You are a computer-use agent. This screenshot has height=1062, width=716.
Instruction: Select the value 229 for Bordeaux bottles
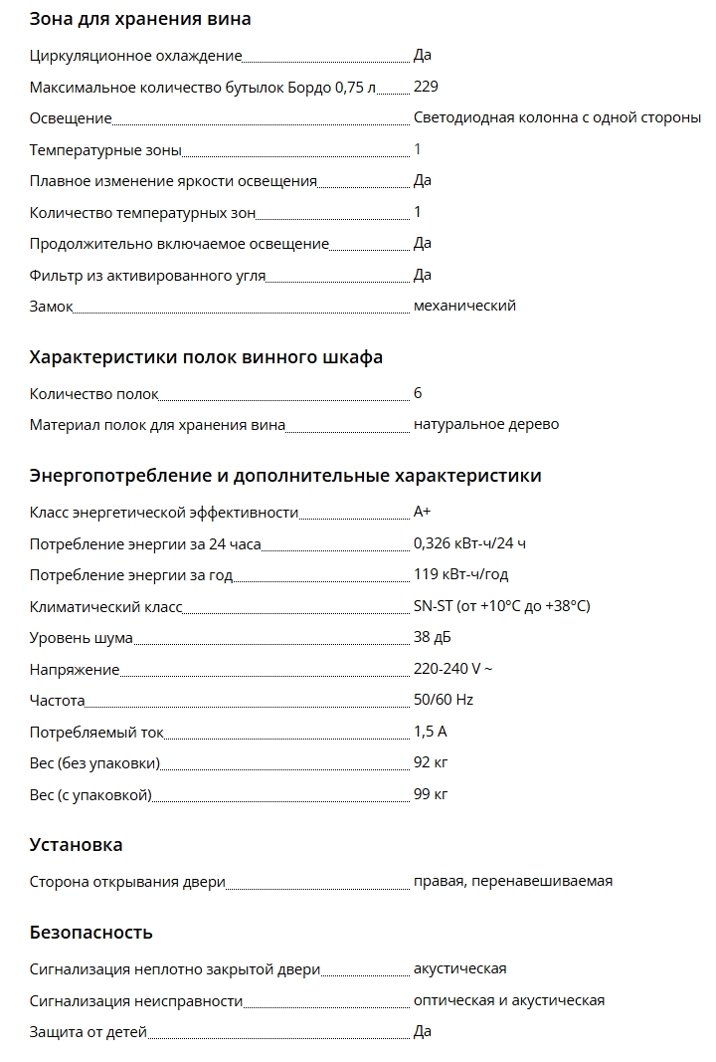426,87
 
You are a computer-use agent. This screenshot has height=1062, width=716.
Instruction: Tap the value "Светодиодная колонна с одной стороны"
557,118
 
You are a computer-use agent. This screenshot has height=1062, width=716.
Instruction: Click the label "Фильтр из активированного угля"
147,276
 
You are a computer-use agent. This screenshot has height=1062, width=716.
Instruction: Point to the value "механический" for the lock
464,307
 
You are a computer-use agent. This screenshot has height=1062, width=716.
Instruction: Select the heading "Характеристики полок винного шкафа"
206,357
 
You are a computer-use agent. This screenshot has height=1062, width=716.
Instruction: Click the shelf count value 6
418,394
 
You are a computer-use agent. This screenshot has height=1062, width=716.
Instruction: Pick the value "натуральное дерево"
486,425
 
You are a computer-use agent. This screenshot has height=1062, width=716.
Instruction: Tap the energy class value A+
423,513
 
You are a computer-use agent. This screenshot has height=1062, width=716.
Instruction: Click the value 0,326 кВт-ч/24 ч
469,544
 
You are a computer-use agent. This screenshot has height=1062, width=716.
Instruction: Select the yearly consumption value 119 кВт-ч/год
460,575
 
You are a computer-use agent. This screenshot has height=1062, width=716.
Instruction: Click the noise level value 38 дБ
433,638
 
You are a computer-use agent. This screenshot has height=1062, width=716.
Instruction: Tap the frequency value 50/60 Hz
444,700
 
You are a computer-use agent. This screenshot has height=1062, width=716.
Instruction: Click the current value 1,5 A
431,733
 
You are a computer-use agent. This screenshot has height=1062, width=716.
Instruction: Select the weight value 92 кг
431,763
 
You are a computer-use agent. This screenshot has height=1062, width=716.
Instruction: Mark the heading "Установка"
76,845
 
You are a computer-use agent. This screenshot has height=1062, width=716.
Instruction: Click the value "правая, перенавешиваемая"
513,882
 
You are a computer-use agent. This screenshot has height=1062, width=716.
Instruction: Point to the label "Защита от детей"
88,1032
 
